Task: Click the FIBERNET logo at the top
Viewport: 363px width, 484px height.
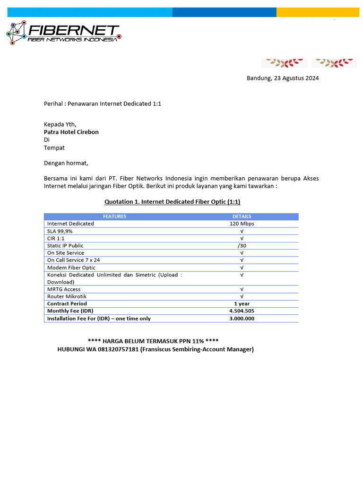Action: [64, 33]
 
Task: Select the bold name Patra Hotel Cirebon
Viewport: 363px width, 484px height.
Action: [71, 132]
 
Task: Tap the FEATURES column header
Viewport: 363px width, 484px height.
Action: [115, 216]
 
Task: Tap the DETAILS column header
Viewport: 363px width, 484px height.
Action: [242, 216]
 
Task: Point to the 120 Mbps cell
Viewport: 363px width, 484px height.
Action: [242, 224]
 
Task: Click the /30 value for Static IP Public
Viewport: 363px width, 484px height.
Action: [242, 246]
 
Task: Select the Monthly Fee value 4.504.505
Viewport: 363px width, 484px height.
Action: [242, 311]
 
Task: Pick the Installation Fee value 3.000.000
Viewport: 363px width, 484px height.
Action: [242, 319]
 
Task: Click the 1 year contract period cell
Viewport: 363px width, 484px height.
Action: [242, 303]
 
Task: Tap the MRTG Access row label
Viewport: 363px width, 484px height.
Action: [64, 289]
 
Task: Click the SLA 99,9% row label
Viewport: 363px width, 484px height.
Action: [60, 231]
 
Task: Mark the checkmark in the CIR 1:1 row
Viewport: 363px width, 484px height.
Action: [242, 239]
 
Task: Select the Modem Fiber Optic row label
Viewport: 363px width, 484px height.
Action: [71, 268]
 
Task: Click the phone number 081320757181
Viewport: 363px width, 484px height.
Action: [118, 349]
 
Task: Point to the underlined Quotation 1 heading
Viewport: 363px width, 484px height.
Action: [172, 202]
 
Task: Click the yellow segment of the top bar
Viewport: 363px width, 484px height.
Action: [318, 12]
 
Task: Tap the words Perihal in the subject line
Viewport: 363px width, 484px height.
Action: [54, 104]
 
